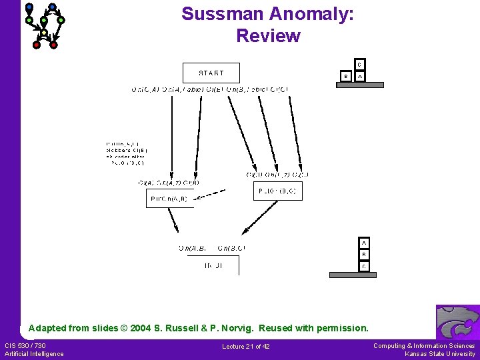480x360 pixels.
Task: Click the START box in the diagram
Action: click(211, 73)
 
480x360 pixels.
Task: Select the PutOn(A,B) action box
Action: click(169, 198)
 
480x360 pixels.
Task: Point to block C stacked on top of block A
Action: click(359, 65)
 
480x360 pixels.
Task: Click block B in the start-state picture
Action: click(345, 77)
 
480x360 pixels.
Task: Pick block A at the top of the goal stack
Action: click(364, 243)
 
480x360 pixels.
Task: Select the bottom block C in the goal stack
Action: click(364, 266)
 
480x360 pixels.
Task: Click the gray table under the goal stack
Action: click(353, 275)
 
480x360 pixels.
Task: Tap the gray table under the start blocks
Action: click(360, 85)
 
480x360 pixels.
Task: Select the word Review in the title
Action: click(268, 36)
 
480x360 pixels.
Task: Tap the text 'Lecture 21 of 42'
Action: click(246, 346)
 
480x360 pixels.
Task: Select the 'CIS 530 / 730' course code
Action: click(25, 345)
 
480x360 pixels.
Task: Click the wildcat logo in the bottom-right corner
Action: click(457, 322)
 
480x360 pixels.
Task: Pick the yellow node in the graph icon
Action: click(44, 33)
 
